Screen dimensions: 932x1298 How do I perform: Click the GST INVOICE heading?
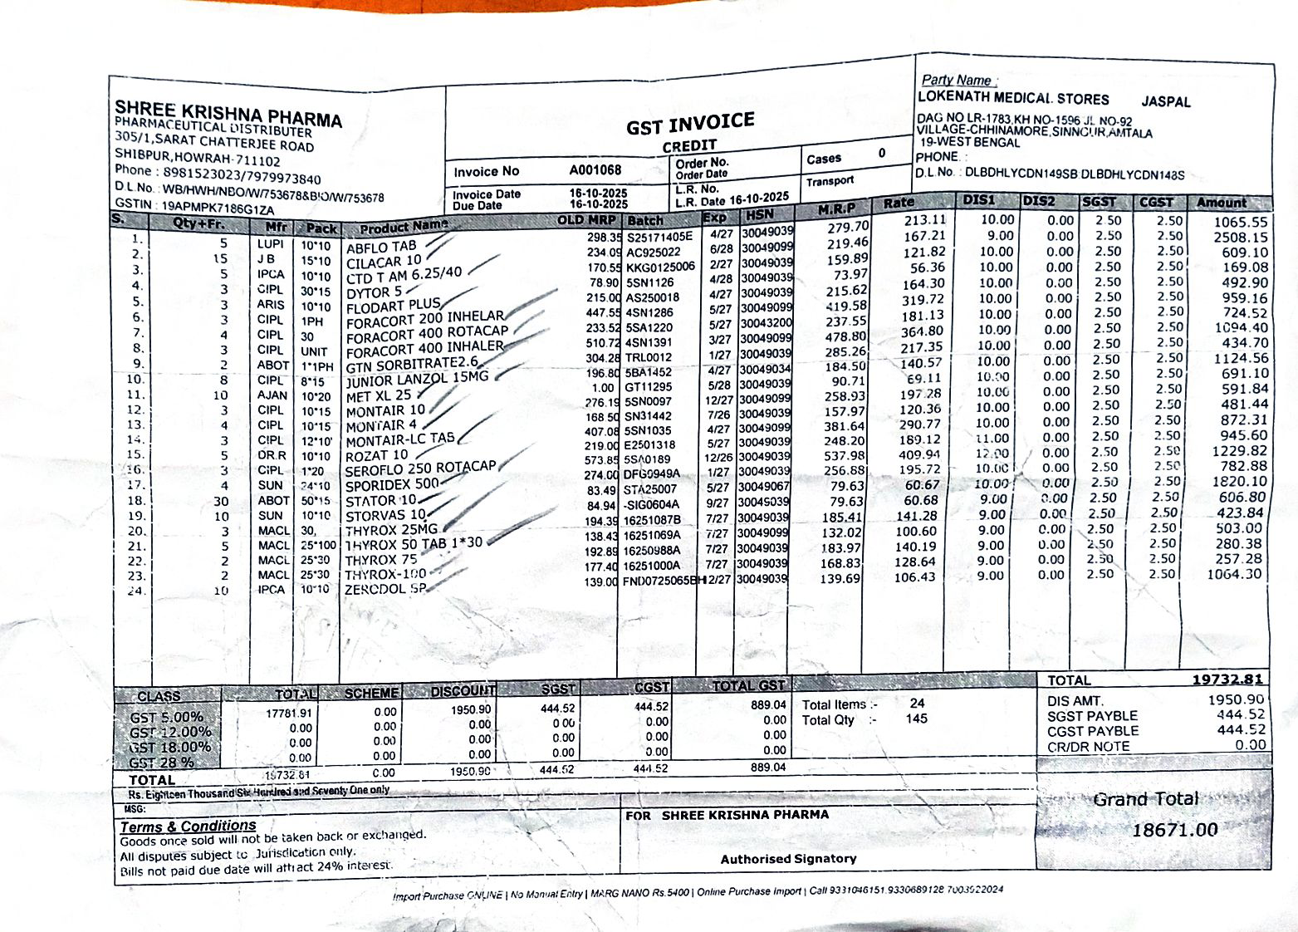click(690, 124)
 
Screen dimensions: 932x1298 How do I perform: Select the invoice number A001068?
click(595, 170)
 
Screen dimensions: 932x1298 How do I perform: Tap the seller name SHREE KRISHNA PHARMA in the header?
click(228, 113)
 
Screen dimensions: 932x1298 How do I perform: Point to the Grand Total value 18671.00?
click(1175, 830)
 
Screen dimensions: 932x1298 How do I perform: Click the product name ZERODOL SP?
click(385, 589)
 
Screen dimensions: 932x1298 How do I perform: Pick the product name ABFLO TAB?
click(381, 248)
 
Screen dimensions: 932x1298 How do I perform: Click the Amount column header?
click(1221, 203)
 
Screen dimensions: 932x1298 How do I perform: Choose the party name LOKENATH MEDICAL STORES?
click(1013, 98)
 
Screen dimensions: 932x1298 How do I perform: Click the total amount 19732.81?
click(1227, 679)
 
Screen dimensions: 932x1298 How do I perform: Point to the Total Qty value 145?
click(917, 719)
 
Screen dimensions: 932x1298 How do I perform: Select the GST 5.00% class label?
click(166, 717)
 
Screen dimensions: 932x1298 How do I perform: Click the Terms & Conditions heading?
click(188, 827)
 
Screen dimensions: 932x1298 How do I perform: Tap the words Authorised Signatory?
click(788, 859)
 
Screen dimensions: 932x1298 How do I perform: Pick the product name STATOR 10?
click(381, 501)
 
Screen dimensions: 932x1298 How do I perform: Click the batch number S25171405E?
click(659, 238)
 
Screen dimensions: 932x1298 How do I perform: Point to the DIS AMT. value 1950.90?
click(1235, 700)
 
